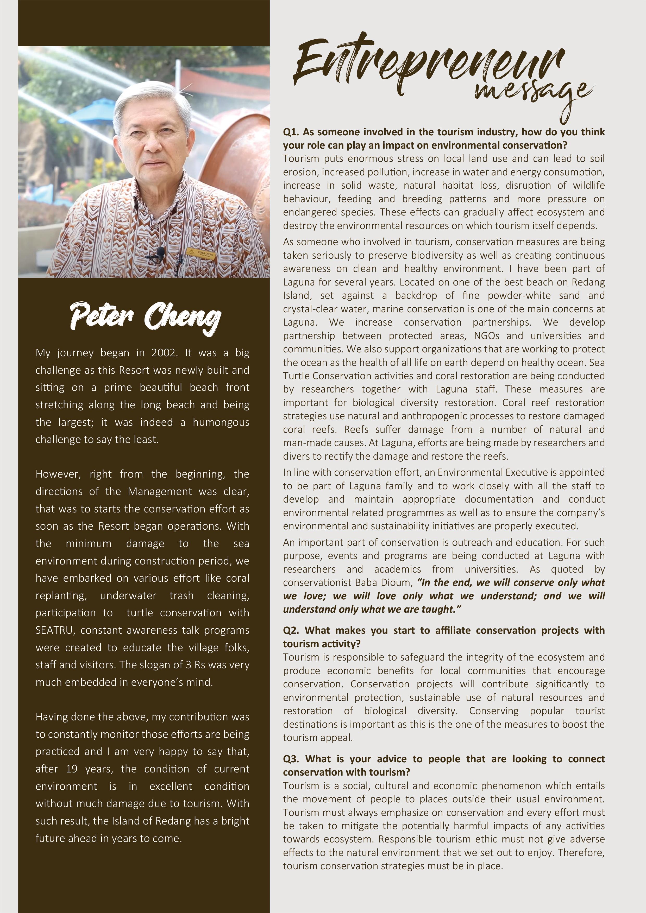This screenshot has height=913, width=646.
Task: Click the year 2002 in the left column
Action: [x=164, y=353]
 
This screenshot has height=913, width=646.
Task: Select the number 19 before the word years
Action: [x=72, y=769]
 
